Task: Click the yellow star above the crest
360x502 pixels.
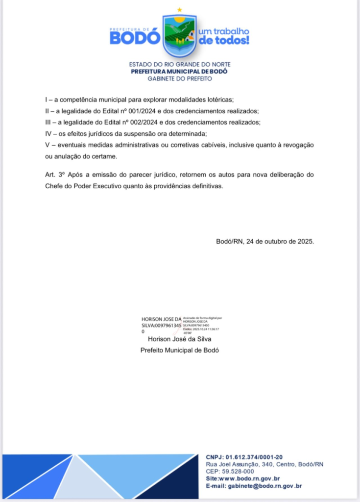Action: (x=179, y=10)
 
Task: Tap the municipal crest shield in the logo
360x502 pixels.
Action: (x=179, y=35)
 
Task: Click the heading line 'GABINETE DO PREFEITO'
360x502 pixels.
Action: (x=180, y=78)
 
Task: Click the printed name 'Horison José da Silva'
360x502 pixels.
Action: (x=179, y=339)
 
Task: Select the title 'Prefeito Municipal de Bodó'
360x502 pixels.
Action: (x=179, y=350)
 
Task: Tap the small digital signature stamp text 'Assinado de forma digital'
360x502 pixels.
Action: (x=202, y=318)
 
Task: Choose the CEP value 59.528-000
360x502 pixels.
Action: (x=237, y=471)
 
